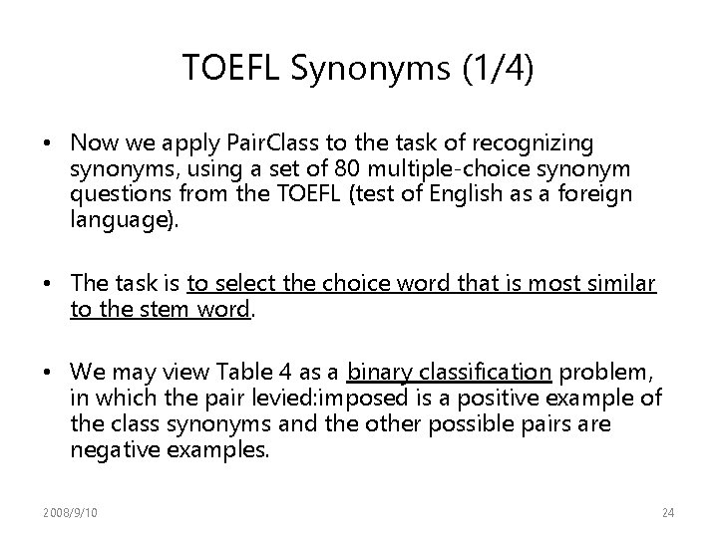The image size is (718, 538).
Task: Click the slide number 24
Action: [x=667, y=512]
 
